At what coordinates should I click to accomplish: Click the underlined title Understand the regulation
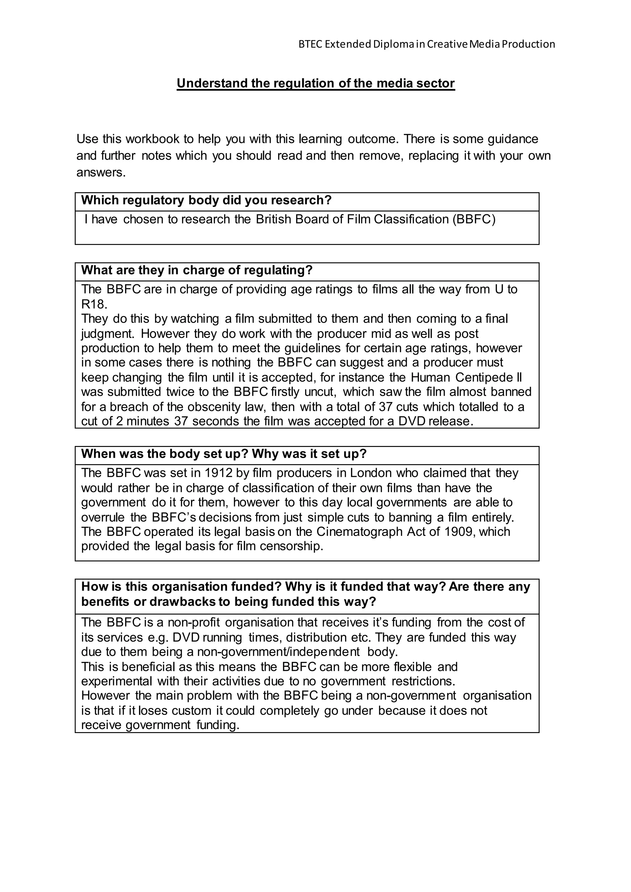tap(315, 83)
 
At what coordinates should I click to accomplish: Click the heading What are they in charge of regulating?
tap(197, 270)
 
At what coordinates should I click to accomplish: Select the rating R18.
tap(94, 303)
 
